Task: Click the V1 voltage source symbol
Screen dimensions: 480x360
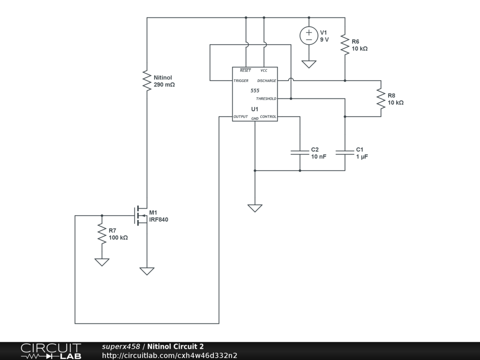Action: [309, 36]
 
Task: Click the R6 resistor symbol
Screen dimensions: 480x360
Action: [345, 45]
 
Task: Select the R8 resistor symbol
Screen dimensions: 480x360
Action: [381, 98]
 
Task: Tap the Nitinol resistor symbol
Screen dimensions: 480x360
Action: [147, 81]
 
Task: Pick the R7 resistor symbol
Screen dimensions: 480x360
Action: [102, 233]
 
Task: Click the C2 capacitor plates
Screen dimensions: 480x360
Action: [300, 152]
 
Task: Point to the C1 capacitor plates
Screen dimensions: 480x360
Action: [345, 152]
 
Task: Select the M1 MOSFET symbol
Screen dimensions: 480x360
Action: [141, 216]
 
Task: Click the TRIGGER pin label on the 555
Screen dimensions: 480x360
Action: [241, 81]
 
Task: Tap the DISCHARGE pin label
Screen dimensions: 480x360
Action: [267, 81]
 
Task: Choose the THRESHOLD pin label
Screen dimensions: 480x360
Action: [266, 98]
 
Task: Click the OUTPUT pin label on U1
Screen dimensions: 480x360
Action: [240, 117]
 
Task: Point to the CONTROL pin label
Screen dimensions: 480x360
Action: [268, 117]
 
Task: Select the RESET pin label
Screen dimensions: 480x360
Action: [245, 70]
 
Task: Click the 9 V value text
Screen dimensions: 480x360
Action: [324, 40]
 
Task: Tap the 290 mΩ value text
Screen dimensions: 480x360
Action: [164, 85]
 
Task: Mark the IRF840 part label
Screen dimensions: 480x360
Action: [158, 219]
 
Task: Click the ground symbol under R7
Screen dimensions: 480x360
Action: [102, 262]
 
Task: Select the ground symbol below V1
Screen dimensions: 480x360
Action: [309, 64]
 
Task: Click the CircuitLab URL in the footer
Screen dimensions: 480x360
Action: [170, 355]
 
